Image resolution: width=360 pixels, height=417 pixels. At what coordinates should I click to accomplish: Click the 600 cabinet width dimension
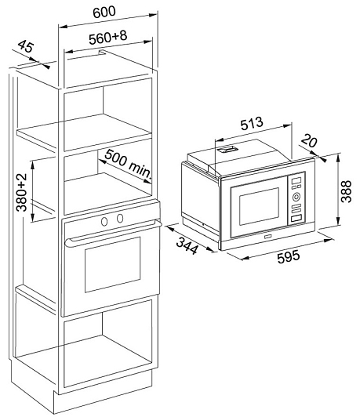click(104, 12)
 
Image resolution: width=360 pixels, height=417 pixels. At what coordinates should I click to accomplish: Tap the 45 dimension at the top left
click(26, 46)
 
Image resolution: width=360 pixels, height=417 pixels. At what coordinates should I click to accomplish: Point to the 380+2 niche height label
click(22, 192)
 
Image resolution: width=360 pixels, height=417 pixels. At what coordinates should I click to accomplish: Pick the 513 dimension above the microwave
click(252, 124)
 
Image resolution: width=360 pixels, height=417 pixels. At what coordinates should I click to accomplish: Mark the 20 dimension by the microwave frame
click(310, 140)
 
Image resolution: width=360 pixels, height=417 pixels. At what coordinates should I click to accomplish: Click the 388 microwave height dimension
click(346, 191)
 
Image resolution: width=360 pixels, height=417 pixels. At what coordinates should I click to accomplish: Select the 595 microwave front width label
click(289, 256)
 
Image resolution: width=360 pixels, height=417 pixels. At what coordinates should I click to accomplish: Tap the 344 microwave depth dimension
click(187, 246)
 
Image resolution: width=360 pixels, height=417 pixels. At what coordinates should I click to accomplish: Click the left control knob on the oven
click(104, 221)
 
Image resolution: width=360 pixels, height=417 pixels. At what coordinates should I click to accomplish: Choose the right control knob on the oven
click(120, 218)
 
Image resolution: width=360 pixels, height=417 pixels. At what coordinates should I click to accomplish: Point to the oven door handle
click(113, 232)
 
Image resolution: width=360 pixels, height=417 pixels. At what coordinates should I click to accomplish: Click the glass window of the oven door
click(113, 265)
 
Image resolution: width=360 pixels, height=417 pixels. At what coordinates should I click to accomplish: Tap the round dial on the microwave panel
click(296, 197)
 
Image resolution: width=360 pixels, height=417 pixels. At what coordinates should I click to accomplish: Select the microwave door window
click(259, 206)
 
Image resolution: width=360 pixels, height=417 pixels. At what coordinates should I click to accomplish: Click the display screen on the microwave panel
click(296, 181)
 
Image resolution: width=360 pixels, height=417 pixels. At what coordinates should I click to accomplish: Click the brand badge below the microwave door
click(267, 236)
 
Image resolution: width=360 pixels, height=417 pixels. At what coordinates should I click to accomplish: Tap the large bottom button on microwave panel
click(296, 219)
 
